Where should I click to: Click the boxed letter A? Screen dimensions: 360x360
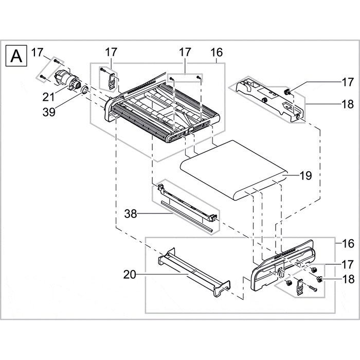[16, 55]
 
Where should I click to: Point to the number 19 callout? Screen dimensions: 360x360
[305, 176]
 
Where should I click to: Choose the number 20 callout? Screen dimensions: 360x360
[130, 275]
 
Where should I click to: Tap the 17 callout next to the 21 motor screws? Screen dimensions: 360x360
[37, 52]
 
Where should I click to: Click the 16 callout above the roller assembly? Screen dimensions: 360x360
[217, 52]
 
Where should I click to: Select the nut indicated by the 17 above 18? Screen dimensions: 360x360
[313, 269]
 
